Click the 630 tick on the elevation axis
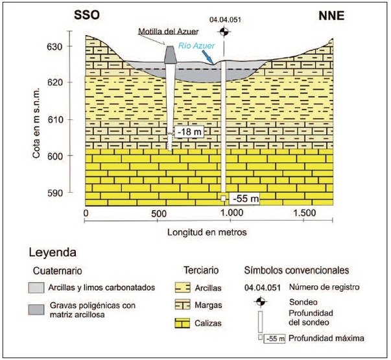click(73, 47)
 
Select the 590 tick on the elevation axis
click(73, 193)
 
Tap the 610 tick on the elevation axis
click(73, 120)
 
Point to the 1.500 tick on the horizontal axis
click(304, 213)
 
